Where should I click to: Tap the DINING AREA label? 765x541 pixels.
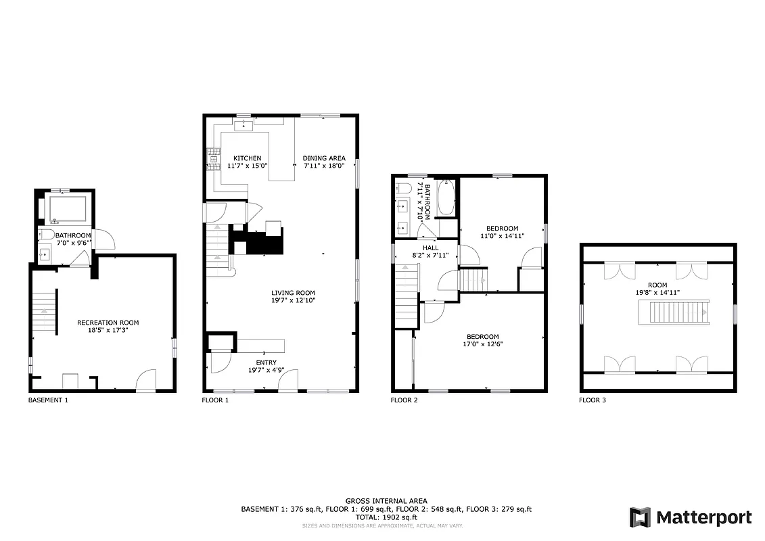pyautogui.click(x=324, y=158)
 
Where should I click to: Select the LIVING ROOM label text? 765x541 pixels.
pyautogui.click(x=294, y=292)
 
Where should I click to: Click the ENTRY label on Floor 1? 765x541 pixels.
pyautogui.click(x=246, y=363)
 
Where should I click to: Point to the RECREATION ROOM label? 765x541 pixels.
pyautogui.click(x=108, y=323)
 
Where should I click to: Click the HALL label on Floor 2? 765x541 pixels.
pyautogui.click(x=431, y=248)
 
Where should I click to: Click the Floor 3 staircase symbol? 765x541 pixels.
pyautogui.click(x=678, y=313)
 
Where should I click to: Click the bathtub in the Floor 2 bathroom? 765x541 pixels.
pyautogui.click(x=446, y=199)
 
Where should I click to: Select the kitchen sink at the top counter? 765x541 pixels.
pyautogui.click(x=244, y=124)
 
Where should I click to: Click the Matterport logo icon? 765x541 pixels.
pyautogui.click(x=640, y=517)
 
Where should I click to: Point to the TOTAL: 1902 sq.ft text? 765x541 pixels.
pyautogui.click(x=386, y=517)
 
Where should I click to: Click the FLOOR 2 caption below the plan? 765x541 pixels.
pyautogui.click(x=404, y=400)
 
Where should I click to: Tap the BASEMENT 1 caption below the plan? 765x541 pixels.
pyautogui.click(x=48, y=400)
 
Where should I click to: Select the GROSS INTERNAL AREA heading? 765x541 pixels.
pyautogui.click(x=386, y=501)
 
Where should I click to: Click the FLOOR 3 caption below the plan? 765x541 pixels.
pyautogui.click(x=593, y=400)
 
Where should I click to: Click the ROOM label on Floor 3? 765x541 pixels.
pyautogui.click(x=657, y=285)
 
